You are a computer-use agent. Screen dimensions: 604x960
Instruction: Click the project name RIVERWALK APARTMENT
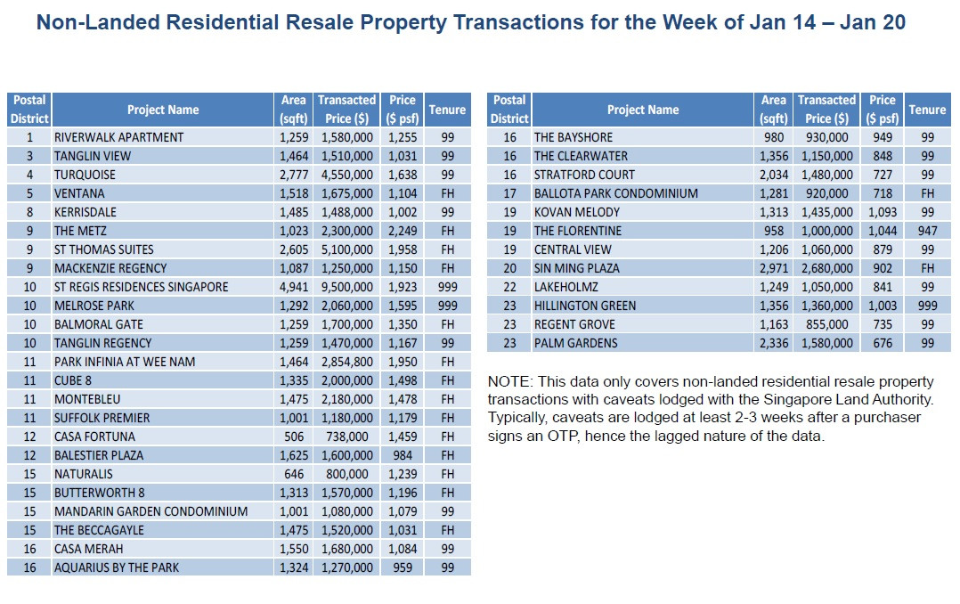[x=118, y=137]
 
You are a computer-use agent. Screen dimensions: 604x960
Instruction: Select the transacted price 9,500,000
[x=346, y=287]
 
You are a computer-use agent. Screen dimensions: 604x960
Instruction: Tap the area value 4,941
[x=292, y=287]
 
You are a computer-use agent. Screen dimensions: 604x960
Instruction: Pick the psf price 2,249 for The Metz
[x=402, y=231]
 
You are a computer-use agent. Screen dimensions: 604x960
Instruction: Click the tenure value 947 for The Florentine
[x=927, y=231]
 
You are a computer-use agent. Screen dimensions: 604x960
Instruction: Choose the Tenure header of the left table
[x=447, y=110]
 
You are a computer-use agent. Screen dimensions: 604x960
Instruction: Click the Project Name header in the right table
[x=642, y=110]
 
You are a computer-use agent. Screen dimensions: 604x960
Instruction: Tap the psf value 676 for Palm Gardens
[x=882, y=343]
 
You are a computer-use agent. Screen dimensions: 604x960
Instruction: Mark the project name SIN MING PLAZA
[x=576, y=268]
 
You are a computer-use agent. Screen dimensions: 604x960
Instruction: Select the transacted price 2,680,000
[x=826, y=268]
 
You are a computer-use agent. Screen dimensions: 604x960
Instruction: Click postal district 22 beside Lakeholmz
[x=509, y=287]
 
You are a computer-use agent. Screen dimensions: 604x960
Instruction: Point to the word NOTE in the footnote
[x=508, y=380]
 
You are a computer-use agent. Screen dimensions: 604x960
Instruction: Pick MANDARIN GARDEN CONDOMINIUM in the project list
[x=151, y=511]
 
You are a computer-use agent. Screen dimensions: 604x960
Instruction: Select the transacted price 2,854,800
[x=346, y=362]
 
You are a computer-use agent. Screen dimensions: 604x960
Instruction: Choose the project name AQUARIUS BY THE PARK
[x=117, y=567]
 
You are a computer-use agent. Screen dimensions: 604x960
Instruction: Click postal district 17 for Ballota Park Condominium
[x=509, y=193]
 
